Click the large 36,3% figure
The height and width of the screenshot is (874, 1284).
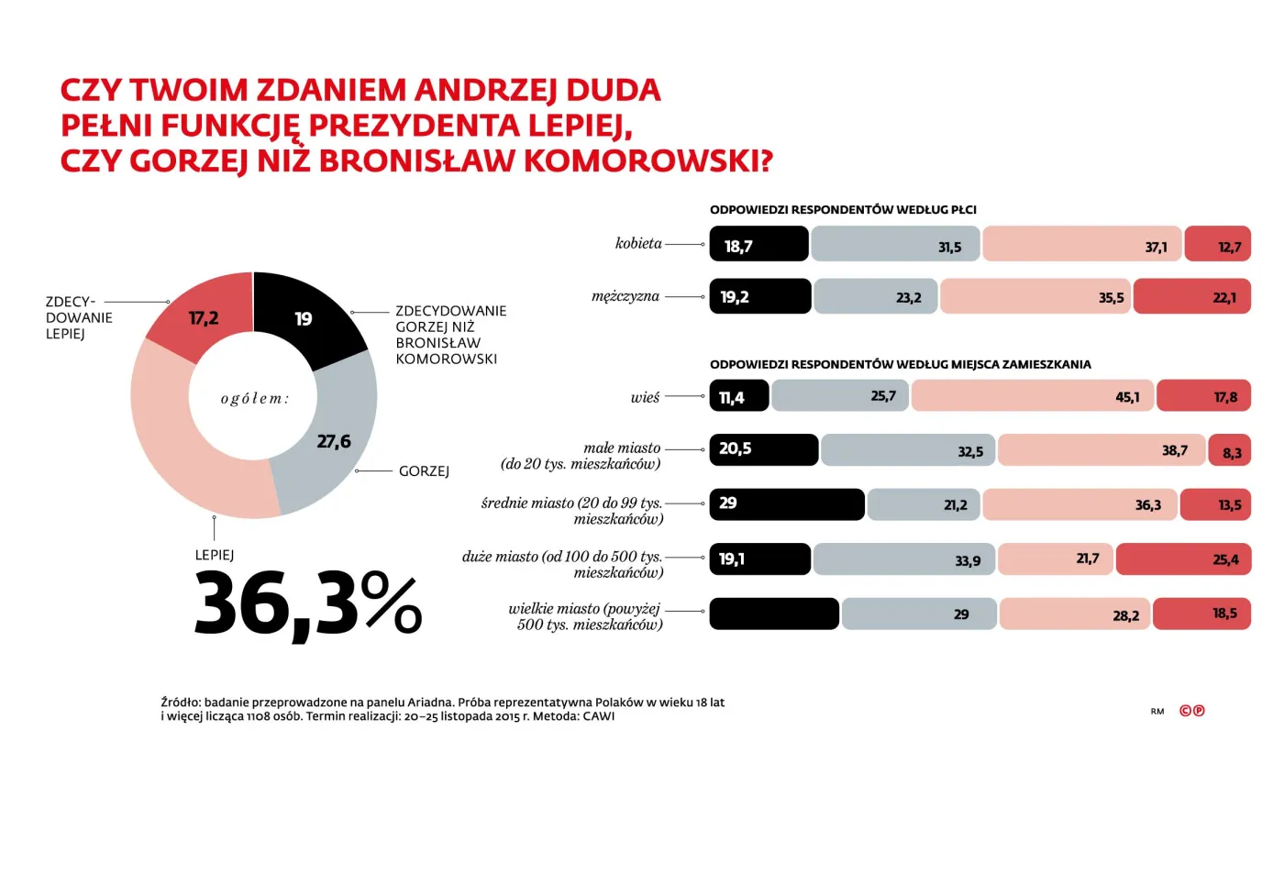[x=307, y=603]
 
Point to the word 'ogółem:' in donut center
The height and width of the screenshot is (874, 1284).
[x=254, y=398]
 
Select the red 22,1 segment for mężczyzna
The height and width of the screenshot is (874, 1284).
[x=1191, y=297]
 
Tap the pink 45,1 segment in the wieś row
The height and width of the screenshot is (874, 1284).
[x=1032, y=396]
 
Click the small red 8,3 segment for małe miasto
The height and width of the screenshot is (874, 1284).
[x=1230, y=451]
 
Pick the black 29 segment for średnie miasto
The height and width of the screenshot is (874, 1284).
[x=786, y=504]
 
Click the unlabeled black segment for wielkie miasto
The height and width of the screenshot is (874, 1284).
[x=774, y=614]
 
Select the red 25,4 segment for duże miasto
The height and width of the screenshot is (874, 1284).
[x=1182, y=559]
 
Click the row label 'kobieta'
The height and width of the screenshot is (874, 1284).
[x=638, y=243]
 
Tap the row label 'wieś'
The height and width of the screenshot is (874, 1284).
[x=645, y=397]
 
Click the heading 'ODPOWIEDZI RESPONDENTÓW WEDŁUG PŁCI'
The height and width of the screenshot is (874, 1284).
[x=843, y=210]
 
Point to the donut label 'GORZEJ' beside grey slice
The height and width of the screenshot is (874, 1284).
[x=424, y=471]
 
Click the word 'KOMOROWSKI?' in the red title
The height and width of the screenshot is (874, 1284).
[x=648, y=161]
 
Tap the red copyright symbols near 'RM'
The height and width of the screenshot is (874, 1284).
[x=1191, y=711]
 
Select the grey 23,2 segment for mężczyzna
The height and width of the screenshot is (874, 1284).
[x=875, y=297]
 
